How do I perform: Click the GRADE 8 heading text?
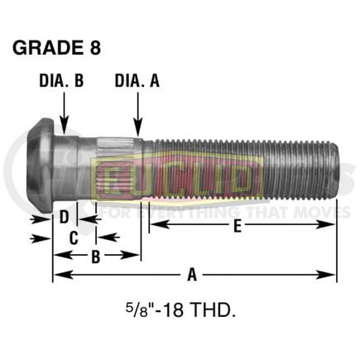pos(56,47)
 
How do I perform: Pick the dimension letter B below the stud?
pos(95,257)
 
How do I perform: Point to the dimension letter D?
pos(63,219)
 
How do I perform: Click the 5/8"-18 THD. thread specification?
pos(180,312)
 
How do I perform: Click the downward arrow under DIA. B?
pos(64,108)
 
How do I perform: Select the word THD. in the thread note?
pos(216,312)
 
